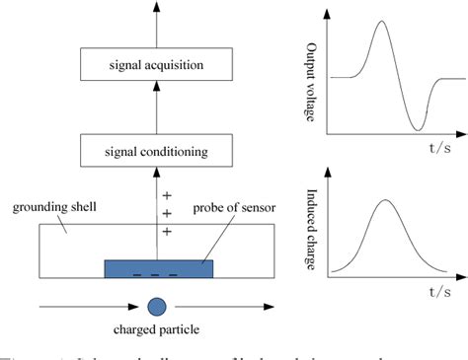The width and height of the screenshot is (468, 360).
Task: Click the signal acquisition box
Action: tap(157, 66)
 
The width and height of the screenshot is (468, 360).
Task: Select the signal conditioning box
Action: tap(157, 152)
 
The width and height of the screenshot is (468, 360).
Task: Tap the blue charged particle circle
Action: tap(156, 306)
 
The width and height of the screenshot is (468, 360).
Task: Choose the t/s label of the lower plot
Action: tap(439, 293)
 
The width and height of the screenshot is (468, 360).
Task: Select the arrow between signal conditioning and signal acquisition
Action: tap(157, 110)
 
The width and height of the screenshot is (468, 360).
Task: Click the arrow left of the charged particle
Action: tap(84, 307)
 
